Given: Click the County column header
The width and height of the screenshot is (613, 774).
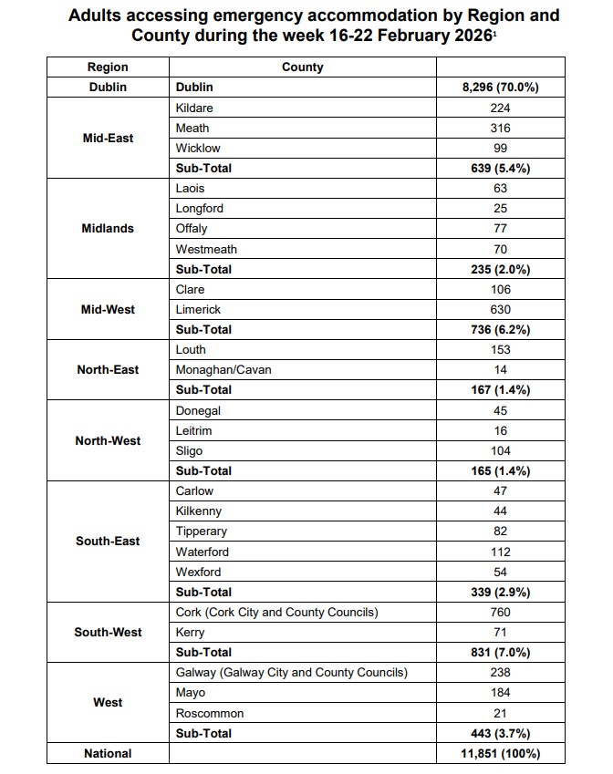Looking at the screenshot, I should [302, 67].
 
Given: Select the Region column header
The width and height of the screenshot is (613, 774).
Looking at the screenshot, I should [108, 67].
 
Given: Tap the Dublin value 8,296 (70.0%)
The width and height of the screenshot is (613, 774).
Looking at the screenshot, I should [500, 88].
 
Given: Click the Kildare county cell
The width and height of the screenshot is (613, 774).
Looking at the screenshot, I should [194, 108].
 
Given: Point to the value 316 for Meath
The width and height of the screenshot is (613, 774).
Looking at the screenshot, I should [500, 128].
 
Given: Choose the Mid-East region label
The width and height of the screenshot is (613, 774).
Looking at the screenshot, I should [108, 138].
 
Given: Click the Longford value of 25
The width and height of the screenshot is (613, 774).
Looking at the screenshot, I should [500, 208].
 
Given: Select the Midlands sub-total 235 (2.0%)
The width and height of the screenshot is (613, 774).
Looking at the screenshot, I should [500, 269].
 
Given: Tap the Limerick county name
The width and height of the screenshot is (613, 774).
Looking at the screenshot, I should [198, 309].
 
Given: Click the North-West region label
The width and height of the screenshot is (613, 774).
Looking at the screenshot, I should [108, 440].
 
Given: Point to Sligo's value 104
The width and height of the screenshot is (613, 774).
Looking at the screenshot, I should [500, 450].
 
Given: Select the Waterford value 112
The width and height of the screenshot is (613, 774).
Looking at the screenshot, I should [500, 552].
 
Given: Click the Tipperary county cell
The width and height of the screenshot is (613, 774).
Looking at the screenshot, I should [202, 531].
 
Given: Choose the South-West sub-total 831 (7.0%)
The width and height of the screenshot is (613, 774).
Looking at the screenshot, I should [500, 652].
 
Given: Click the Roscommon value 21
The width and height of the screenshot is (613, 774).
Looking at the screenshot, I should [500, 713].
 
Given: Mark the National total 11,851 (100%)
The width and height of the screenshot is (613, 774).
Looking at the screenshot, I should [500, 753].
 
